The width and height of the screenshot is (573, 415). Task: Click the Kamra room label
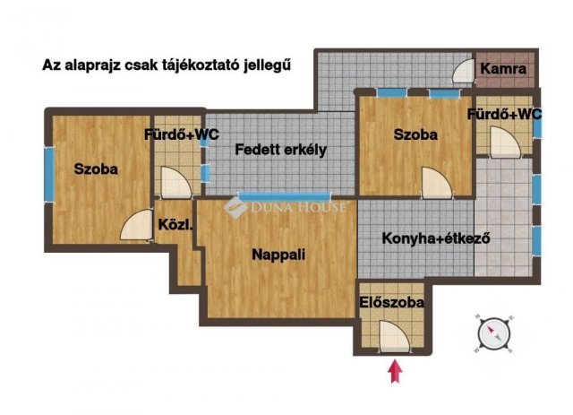(x=503, y=69)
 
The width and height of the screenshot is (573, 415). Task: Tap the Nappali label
(x=278, y=255)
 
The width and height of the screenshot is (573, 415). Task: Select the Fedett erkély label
(x=280, y=150)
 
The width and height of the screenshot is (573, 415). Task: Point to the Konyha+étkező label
(x=436, y=238)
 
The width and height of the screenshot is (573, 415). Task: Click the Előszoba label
(x=392, y=302)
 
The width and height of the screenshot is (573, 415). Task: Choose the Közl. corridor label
(x=175, y=225)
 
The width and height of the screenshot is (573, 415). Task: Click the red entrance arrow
(x=395, y=371)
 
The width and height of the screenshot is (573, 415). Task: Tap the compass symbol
(x=494, y=333)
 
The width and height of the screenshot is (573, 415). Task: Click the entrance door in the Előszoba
(x=394, y=337)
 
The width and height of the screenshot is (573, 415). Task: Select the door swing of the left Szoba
(x=136, y=225)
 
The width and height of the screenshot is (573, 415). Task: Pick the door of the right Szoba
(x=437, y=183)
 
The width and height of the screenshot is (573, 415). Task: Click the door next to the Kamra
(x=464, y=72)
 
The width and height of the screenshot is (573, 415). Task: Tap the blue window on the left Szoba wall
(x=49, y=174)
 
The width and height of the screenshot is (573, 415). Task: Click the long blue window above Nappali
(x=284, y=197)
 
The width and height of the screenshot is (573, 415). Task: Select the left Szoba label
(x=96, y=169)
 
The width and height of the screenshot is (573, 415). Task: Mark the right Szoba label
(x=415, y=134)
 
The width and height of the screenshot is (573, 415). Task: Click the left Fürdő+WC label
(x=182, y=134)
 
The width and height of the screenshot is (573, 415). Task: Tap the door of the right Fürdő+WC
(x=505, y=143)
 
